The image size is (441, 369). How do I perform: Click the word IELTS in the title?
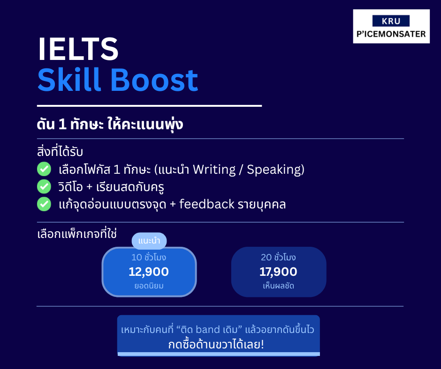pos(78,49)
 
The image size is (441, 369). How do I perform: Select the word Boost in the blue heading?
pos(155,81)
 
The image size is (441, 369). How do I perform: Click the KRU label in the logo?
pos(391,21)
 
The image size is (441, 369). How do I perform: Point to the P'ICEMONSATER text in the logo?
pos(391,34)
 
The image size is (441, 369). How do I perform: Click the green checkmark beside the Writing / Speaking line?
pos(44,169)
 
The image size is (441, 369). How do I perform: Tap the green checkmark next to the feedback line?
pos(44,204)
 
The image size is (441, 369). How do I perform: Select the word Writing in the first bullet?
pos(214,170)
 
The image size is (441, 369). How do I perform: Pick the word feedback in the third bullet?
pos(207,204)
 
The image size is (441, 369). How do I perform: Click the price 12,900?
pos(149,272)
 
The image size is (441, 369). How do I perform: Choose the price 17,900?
pos(278,272)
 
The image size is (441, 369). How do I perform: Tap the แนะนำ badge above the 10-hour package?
pos(149,241)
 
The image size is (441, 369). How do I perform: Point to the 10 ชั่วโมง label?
pos(149,257)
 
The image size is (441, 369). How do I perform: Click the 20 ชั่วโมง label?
pos(278,257)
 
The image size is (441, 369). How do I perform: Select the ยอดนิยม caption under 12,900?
pos(149,286)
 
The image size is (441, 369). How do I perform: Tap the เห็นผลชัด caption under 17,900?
pos(278,286)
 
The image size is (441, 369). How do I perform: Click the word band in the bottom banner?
pos(208,329)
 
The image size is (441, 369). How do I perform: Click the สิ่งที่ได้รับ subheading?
pos(60,151)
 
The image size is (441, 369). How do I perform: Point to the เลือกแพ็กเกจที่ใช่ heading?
pos(77,234)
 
